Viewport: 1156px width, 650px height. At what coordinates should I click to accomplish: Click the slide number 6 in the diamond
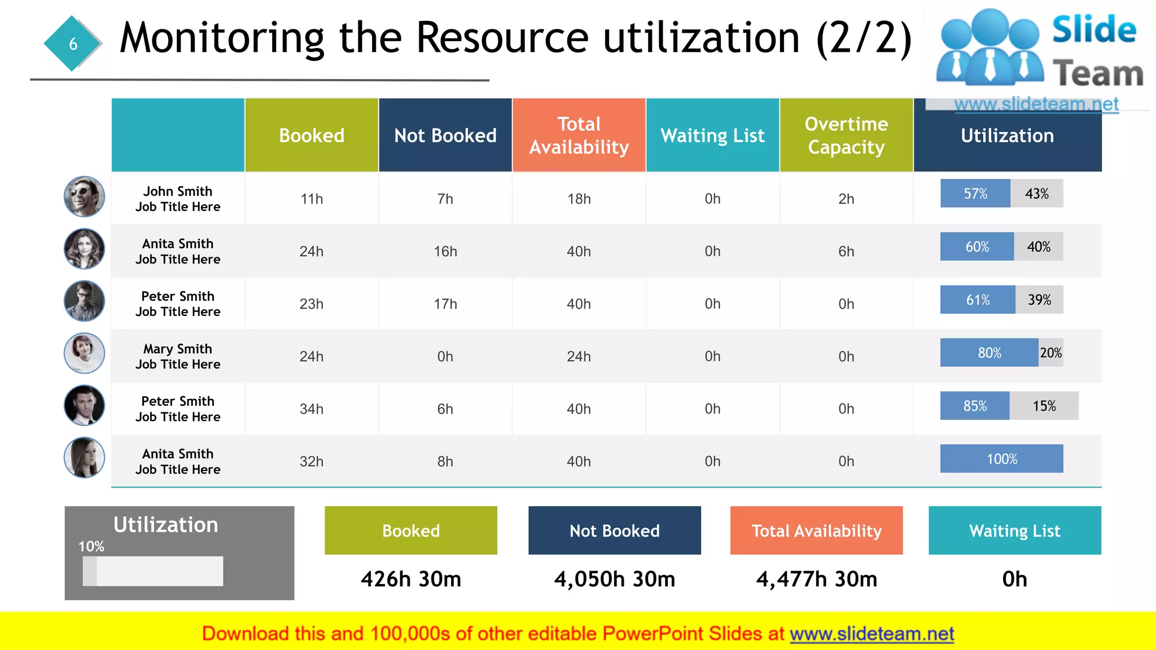click(x=73, y=44)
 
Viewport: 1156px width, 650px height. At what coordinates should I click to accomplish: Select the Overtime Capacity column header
click(x=846, y=135)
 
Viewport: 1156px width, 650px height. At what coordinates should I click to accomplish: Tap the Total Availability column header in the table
click(x=579, y=135)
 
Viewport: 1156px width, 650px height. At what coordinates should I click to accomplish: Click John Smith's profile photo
click(x=84, y=196)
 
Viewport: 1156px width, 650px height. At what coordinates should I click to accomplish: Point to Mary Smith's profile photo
click(x=84, y=353)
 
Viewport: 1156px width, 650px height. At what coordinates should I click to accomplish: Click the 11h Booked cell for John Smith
click(x=312, y=199)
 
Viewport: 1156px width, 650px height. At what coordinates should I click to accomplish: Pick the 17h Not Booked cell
click(x=445, y=304)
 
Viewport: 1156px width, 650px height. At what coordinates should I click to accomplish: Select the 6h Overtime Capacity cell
click(x=846, y=252)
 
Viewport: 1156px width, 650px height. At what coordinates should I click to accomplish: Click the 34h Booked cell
click(x=312, y=409)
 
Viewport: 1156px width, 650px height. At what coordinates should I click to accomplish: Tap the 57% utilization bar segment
click(x=975, y=194)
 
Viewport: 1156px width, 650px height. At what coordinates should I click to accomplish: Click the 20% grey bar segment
click(x=1050, y=353)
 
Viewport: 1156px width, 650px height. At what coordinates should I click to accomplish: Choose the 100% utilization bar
click(x=1001, y=459)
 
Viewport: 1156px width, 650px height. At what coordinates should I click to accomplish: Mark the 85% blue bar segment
click(x=975, y=406)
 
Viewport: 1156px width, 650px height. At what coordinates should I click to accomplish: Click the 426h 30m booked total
click(x=411, y=579)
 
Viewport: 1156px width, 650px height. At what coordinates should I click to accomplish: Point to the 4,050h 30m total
click(x=614, y=579)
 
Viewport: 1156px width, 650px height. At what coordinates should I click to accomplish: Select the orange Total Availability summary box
click(x=816, y=530)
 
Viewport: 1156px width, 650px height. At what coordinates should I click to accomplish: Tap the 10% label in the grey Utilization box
click(x=91, y=546)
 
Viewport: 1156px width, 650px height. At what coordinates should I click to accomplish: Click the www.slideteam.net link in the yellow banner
click(x=872, y=634)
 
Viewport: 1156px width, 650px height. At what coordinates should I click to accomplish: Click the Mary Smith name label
click(x=178, y=349)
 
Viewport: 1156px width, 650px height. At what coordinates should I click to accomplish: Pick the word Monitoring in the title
click(x=222, y=38)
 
